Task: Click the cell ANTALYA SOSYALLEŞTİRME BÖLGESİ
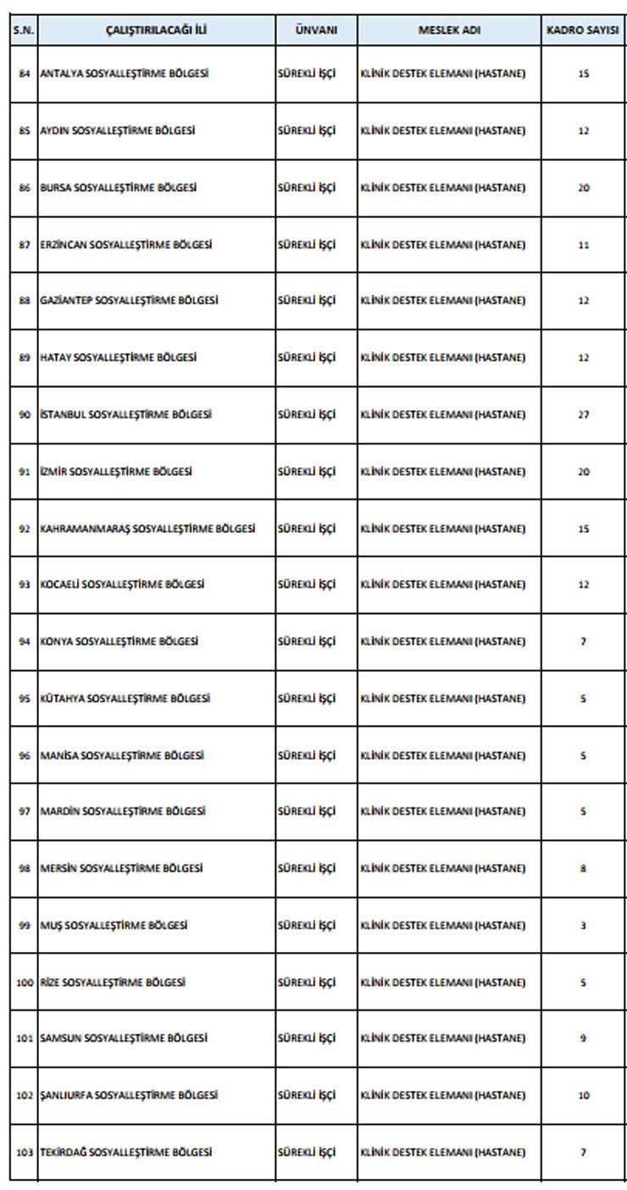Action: tap(124, 74)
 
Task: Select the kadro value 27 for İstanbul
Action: tap(583, 415)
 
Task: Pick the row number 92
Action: tap(24, 529)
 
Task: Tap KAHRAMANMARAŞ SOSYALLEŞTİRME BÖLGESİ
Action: tap(147, 529)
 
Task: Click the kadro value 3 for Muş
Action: tap(583, 926)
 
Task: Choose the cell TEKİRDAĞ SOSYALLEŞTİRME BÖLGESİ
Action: tap(125, 1152)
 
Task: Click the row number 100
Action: tap(24, 982)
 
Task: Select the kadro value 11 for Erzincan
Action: tap(583, 245)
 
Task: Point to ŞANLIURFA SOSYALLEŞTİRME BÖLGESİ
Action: tap(129, 1095)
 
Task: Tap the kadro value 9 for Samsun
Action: tap(583, 1038)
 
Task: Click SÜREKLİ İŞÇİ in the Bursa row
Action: tap(307, 187)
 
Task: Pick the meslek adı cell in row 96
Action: tap(442, 756)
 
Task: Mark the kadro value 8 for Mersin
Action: tap(583, 868)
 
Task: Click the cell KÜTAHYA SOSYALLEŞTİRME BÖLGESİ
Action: tap(125, 699)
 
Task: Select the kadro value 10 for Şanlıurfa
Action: tap(583, 1095)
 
